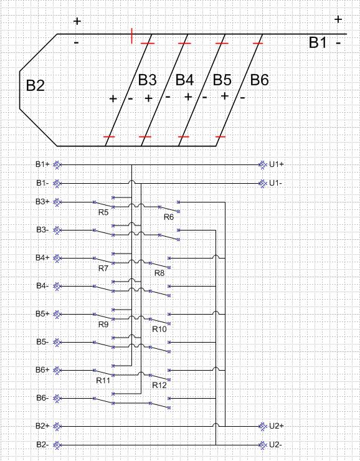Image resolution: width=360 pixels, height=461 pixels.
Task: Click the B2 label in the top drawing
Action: (x=36, y=85)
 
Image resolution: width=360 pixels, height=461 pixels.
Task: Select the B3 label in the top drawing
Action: (x=147, y=80)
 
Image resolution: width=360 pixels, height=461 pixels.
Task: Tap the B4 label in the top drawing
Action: (x=184, y=80)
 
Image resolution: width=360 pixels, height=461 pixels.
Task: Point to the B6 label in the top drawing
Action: (x=259, y=80)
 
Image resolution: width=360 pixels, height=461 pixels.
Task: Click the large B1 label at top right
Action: (x=318, y=42)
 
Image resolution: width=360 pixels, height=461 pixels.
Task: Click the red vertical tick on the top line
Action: (x=131, y=36)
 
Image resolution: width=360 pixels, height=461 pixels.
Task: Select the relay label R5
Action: (x=103, y=212)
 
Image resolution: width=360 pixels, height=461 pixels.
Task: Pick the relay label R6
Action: (x=169, y=217)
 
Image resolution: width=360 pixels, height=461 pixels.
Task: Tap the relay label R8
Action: (x=159, y=273)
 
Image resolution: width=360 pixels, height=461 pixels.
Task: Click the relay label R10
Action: (x=159, y=329)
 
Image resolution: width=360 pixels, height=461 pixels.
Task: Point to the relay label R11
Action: (x=103, y=381)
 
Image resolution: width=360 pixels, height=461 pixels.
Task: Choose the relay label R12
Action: (x=159, y=385)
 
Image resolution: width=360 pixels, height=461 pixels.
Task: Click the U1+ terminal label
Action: (x=277, y=164)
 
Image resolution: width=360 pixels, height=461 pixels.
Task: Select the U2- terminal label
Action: (x=276, y=445)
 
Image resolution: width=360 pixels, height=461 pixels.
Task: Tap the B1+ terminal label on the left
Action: (x=42, y=164)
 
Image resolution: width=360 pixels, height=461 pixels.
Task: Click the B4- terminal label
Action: (x=42, y=285)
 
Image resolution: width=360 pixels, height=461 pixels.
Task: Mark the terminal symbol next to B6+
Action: (x=57, y=371)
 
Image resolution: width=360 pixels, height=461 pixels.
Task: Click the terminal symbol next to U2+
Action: (x=262, y=426)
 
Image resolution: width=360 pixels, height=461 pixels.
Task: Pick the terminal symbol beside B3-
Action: (x=57, y=230)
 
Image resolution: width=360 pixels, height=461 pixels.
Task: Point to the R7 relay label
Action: (x=103, y=268)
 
